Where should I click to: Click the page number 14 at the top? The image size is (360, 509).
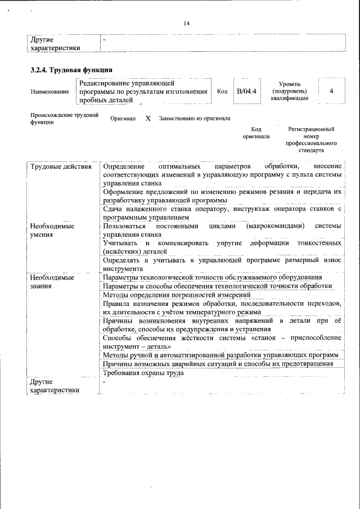click(x=186, y=23)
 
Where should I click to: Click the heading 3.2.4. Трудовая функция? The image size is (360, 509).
click(x=71, y=70)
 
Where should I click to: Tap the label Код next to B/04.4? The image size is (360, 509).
click(x=222, y=91)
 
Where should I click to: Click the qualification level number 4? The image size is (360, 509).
click(x=331, y=91)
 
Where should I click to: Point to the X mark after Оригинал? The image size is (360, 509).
click(x=148, y=119)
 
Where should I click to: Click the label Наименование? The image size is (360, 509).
click(x=50, y=92)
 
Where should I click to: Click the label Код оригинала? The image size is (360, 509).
click(x=256, y=133)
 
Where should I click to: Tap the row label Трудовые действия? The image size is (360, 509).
click(x=60, y=166)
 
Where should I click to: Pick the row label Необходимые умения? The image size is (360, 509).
click(x=52, y=230)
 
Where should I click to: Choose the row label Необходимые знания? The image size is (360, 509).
click(x=52, y=282)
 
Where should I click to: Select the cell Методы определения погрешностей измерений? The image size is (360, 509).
click(x=177, y=295)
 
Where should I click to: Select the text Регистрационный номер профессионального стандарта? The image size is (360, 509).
click(x=311, y=140)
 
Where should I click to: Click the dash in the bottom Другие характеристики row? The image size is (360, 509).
click(x=104, y=382)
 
